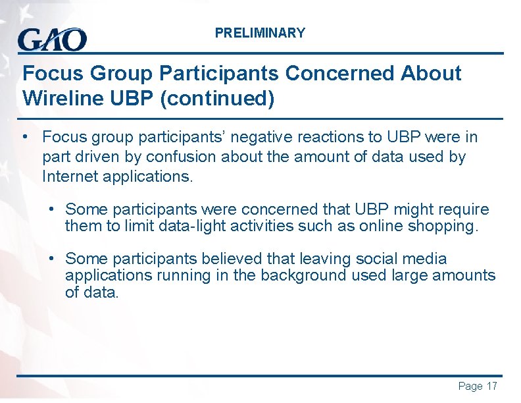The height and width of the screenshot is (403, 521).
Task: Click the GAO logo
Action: (x=52, y=40)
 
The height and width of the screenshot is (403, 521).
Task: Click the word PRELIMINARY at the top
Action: (x=260, y=33)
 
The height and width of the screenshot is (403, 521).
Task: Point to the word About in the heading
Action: (x=430, y=73)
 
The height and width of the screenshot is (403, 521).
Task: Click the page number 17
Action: (x=491, y=387)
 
